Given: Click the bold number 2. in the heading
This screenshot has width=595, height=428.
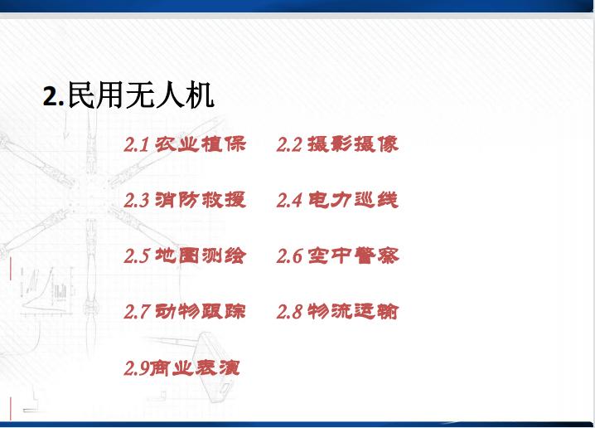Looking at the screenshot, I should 52,97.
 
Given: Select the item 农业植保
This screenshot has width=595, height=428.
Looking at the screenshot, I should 201,144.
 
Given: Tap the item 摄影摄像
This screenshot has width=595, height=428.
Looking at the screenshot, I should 353,144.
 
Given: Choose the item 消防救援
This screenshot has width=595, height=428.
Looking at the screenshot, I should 201,200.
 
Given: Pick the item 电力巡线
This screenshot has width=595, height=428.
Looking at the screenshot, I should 353,200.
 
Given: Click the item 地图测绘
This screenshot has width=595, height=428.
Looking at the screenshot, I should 201,255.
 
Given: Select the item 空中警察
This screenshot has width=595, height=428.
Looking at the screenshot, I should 353,255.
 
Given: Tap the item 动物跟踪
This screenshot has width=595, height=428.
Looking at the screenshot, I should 201,312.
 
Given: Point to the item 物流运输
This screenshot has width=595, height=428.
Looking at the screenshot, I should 353,312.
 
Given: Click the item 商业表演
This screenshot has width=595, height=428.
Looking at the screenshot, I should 196,367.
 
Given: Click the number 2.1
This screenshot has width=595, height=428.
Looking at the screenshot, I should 136,145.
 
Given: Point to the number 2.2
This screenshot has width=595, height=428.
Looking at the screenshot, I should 288,145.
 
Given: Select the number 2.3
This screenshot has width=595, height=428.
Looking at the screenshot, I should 136,201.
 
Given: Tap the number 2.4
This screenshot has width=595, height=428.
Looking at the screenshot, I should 288,201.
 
